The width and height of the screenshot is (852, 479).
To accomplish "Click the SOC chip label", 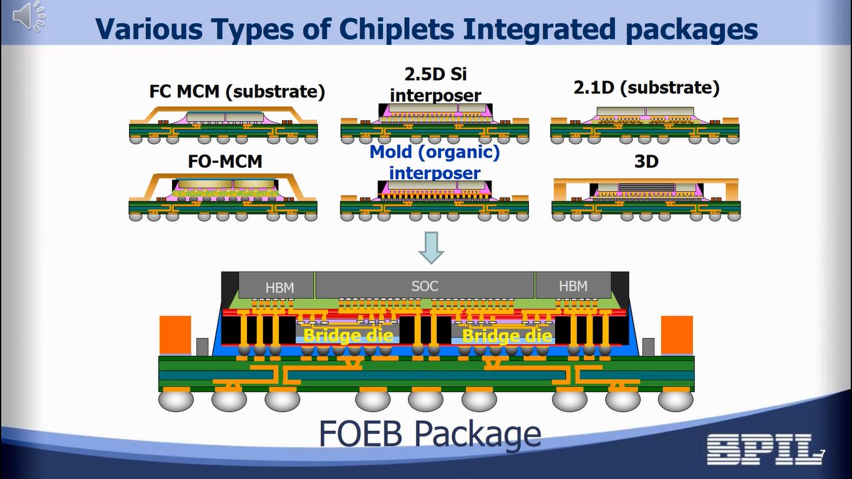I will coord(425,286).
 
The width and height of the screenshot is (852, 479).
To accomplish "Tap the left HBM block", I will coord(279,287).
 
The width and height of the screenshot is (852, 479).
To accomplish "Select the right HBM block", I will coord(573,286).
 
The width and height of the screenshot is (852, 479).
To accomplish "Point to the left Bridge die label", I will coord(348,336).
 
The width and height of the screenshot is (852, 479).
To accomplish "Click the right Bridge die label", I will coord(507,336).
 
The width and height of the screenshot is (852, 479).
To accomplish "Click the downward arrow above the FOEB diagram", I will coord(431,248).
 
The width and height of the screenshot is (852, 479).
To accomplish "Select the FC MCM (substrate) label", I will coord(237,92).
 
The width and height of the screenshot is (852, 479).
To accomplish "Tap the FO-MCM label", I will coord(225,162).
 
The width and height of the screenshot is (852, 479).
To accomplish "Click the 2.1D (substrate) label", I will coord(646,87).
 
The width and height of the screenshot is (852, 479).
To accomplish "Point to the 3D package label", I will coord(646,162).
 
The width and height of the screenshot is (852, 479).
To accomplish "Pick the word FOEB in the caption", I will coord(361,432).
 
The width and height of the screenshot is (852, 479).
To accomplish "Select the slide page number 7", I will coord(823,453).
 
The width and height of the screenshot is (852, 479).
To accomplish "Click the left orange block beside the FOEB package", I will coord(175,335).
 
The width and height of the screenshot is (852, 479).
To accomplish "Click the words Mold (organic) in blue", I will coord(435,152).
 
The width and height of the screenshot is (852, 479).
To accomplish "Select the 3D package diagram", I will coord(646,198).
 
